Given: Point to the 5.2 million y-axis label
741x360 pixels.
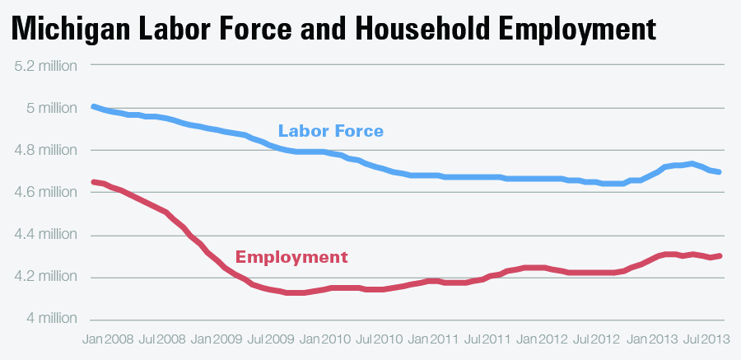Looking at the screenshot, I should [x=45, y=65].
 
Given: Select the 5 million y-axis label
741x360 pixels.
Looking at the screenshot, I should [x=51, y=107].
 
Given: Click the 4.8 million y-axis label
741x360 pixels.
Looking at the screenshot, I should [x=45, y=150].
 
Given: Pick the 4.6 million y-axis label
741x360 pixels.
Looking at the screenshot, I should [x=45, y=192].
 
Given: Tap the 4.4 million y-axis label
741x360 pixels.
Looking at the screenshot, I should [x=45, y=235].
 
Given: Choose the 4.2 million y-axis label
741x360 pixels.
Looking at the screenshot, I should [x=45, y=277].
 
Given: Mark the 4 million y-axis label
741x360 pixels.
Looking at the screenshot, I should [x=51, y=319].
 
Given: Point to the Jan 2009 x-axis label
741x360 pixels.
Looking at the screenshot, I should [x=217, y=339].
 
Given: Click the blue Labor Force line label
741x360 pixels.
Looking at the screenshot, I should [x=331, y=131].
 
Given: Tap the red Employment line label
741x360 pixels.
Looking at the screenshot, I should [x=291, y=257].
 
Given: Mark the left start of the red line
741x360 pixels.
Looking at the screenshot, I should [x=93, y=181].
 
